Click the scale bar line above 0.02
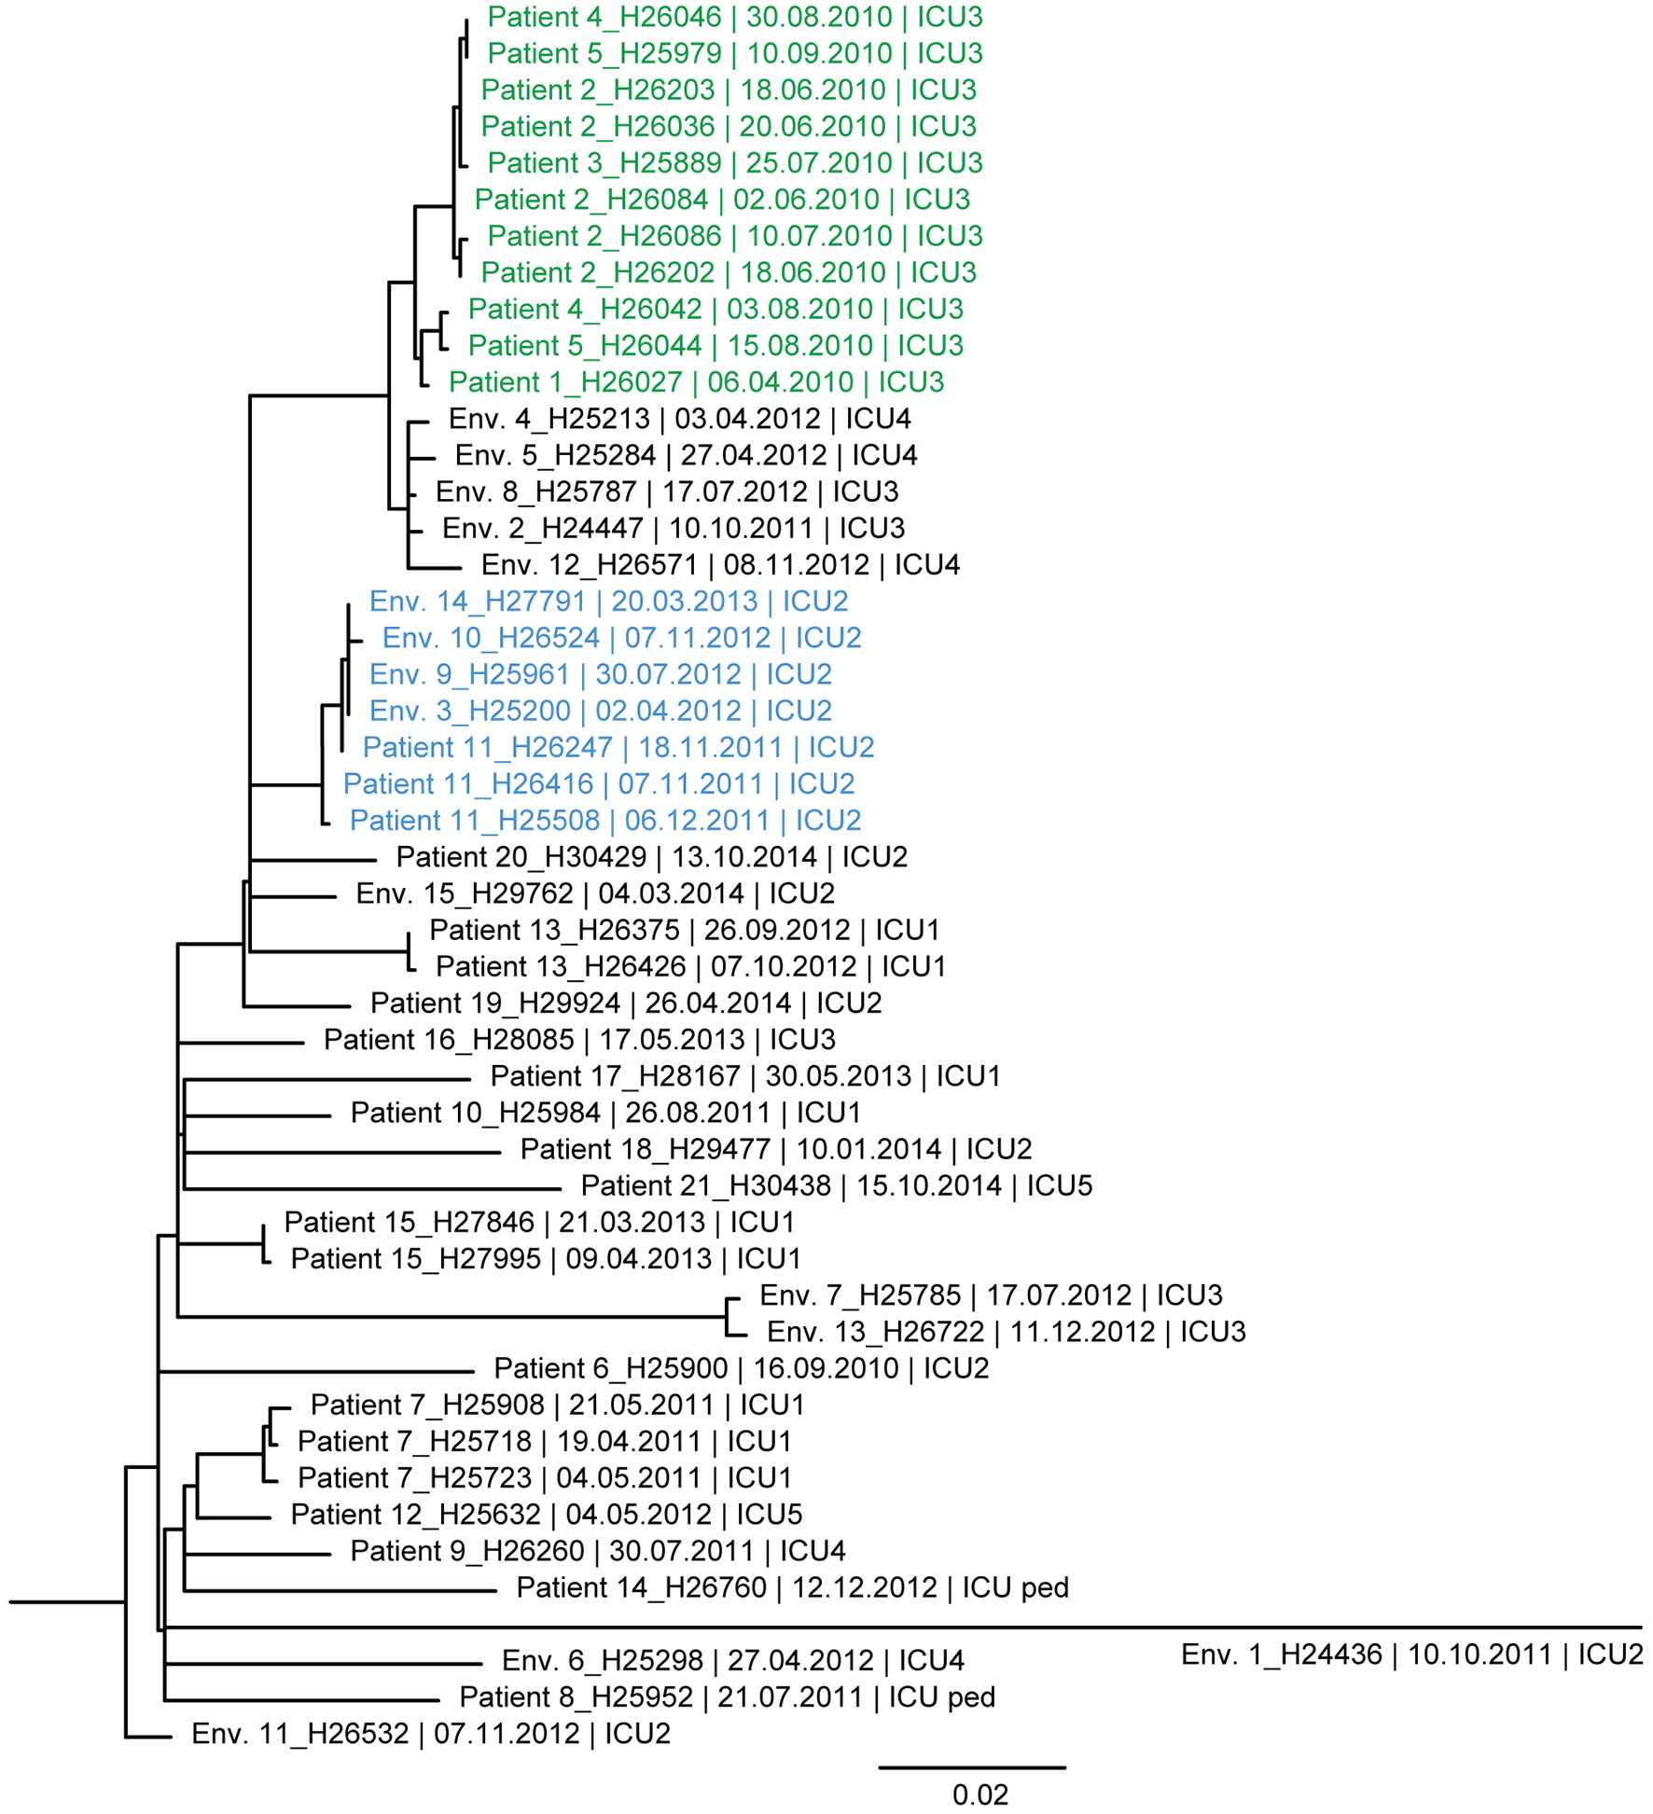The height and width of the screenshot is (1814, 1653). [x=971, y=1766]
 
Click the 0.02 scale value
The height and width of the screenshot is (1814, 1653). [x=979, y=1794]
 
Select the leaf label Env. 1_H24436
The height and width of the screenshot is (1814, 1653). [x=1411, y=1654]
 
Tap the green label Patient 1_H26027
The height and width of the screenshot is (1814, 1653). [x=696, y=382]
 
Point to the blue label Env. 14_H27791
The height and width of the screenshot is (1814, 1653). [x=608, y=602]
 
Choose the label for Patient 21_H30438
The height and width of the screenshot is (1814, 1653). [x=836, y=1185]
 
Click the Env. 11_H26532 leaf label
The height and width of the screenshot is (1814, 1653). [x=430, y=1733]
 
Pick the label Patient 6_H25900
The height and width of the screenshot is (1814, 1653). [x=741, y=1368]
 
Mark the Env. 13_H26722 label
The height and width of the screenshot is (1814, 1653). [x=1006, y=1331]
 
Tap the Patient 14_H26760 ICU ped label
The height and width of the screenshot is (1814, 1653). [x=792, y=1586]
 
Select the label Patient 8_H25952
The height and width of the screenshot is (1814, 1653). [x=727, y=1696]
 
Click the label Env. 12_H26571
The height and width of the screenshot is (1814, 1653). [x=720, y=565]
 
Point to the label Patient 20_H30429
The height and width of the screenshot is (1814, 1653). [x=651, y=857]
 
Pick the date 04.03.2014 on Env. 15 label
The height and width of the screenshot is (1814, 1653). [x=671, y=893]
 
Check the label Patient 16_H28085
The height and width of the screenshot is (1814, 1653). [x=579, y=1040]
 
